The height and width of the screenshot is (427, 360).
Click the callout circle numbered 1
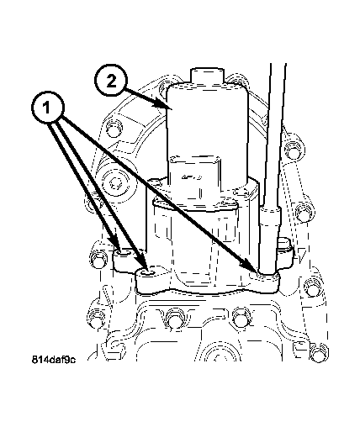tap(48, 108)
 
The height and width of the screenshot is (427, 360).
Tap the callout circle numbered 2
tap(111, 82)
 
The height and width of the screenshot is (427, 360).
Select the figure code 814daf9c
tap(53, 360)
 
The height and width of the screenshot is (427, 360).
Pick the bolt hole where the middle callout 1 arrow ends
tap(148, 272)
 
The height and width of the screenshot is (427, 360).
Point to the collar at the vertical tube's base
tap(270, 217)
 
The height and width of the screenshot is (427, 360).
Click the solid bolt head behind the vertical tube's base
tap(285, 246)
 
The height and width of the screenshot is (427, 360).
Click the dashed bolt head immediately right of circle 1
tap(114, 128)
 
